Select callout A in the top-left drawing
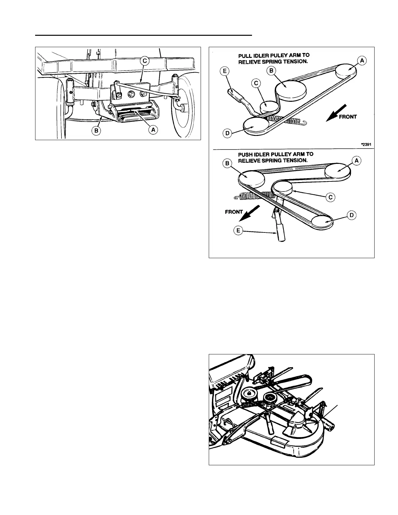[x=153, y=130]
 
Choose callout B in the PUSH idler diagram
[x=227, y=163]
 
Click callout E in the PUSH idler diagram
[x=238, y=231]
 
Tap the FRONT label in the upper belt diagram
[x=348, y=117]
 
